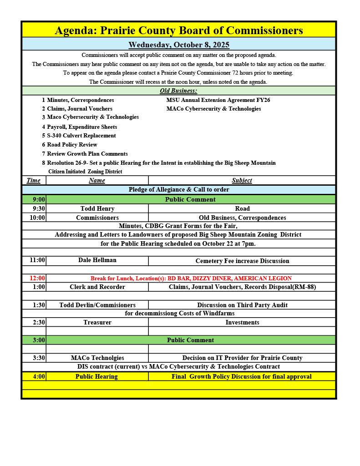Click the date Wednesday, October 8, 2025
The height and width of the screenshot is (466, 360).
179,45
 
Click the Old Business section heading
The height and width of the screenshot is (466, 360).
178,91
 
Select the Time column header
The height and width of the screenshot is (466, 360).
33,180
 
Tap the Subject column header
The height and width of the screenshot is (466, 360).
242,180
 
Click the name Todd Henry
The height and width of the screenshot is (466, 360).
97,208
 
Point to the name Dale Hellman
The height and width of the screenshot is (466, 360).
97,260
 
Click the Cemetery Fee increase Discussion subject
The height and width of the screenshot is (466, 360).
242,261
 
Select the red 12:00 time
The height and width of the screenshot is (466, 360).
37,278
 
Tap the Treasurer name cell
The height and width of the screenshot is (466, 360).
97,322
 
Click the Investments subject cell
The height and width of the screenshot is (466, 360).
242,322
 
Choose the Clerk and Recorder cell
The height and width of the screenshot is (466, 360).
97,287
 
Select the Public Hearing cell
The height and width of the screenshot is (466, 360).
96,376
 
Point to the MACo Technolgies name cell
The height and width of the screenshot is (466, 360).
97,358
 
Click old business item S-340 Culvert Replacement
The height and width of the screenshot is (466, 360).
81,136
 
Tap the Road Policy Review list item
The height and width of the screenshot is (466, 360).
72,145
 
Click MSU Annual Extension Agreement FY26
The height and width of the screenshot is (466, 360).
218,100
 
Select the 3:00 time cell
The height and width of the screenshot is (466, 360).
39,340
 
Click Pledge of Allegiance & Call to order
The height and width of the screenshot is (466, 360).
179,189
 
